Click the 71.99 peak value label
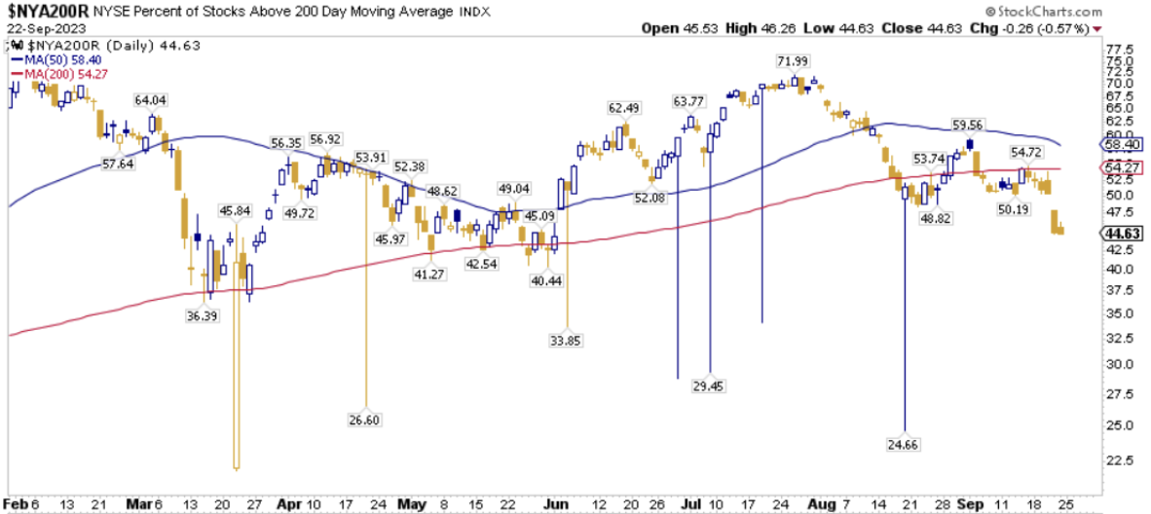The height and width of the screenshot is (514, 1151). pyautogui.click(x=792, y=61)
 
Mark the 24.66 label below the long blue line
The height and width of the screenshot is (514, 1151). pyautogui.click(x=906, y=443)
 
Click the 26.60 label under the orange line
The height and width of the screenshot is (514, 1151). pyautogui.click(x=366, y=420)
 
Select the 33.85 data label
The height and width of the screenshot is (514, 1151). pyautogui.click(x=567, y=340)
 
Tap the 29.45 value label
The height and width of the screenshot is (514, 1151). pyautogui.click(x=709, y=386)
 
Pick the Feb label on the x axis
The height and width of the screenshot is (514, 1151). pyautogui.click(x=15, y=504)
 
